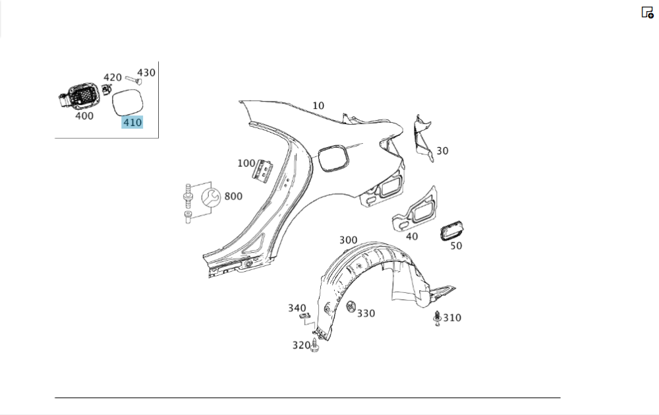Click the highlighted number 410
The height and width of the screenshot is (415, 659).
click(132, 122)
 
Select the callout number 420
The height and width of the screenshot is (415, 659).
click(113, 77)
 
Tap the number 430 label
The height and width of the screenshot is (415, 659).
click(146, 73)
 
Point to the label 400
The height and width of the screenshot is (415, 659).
click(84, 116)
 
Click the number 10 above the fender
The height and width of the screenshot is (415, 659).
click(318, 106)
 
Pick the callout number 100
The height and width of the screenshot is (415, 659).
click(246, 163)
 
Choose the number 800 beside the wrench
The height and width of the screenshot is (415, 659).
click(233, 196)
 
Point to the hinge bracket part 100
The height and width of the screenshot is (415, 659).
click(264, 170)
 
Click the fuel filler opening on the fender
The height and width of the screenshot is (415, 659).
click(333, 158)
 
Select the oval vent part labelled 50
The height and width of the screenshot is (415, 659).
click(452, 231)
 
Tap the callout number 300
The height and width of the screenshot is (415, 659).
click(348, 239)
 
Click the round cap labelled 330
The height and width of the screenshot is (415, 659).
click(350, 308)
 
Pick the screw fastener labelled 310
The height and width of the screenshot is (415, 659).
click(437, 318)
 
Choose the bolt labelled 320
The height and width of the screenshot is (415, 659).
click(315, 344)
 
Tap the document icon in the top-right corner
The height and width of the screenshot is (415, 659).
click(647, 12)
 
